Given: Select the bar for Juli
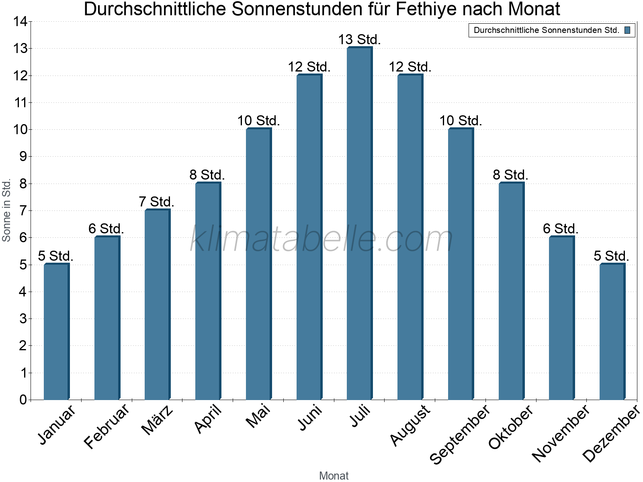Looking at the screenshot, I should coord(359,223).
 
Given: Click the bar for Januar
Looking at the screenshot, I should coord(56,331).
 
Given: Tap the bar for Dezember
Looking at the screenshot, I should coord(612,331).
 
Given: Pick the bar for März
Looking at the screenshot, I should coord(157,304).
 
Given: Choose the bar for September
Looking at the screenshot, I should coord(461,264).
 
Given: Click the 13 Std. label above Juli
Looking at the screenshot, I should coord(359,40).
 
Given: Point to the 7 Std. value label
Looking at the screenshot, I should coord(157,202).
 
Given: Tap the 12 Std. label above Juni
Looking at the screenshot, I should coord(309,67).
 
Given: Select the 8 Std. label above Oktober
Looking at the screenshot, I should coord(510,175).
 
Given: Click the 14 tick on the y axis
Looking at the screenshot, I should coord(20,22).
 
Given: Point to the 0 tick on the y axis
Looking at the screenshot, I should coord(23,400).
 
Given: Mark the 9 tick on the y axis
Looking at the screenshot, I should coord(23,157).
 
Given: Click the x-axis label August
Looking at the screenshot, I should coord(410,425).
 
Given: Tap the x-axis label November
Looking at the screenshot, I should coord(561,433).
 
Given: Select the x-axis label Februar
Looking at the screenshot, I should coord(106,426).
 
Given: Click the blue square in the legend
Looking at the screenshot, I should coord(627,30).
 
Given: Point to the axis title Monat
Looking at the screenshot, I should coord(334,476).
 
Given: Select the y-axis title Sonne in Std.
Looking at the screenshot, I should coord(6,210).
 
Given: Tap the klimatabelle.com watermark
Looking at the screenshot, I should coord(321,239).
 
